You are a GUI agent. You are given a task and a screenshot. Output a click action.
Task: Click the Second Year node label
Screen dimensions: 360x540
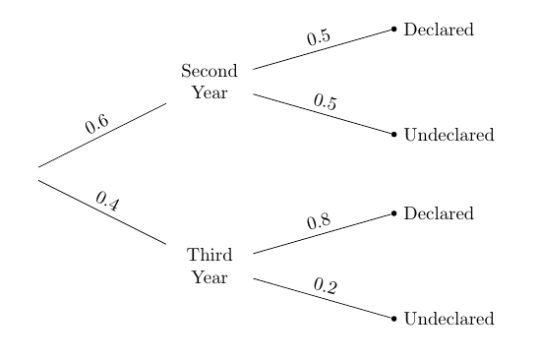pyautogui.click(x=210, y=83)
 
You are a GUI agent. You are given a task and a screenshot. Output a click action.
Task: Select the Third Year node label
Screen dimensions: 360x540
pyautogui.click(x=210, y=267)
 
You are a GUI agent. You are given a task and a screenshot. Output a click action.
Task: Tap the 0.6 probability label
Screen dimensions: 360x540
pyautogui.click(x=96, y=124)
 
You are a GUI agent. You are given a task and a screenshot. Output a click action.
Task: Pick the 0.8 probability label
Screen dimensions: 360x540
pyautogui.click(x=318, y=221)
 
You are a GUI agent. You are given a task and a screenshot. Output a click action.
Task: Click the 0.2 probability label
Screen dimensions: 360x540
pyautogui.click(x=325, y=286)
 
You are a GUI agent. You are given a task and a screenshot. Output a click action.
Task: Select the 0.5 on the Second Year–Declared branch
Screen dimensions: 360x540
pyautogui.click(x=318, y=37)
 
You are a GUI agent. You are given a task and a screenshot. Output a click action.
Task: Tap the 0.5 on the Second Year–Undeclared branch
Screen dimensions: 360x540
pyautogui.click(x=325, y=101)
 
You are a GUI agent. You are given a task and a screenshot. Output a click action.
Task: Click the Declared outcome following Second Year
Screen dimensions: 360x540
pyautogui.click(x=439, y=30)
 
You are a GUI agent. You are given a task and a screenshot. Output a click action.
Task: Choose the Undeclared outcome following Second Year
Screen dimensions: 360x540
pyautogui.click(x=449, y=135)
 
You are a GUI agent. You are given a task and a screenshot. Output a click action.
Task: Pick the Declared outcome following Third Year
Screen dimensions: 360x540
pyautogui.click(x=439, y=213)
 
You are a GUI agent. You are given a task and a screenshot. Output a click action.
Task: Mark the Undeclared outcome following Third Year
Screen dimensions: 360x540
pyautogui.click(x=449, y=320)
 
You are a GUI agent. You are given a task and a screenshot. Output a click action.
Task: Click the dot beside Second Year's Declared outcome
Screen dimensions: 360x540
pyautogui.click(x=394, y=30)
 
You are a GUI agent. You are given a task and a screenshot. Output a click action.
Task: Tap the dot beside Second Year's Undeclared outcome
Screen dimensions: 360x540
pyautogui.click(x=394, y=134)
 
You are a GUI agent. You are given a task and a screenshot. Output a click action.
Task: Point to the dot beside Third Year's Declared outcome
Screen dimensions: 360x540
pyautogui.click(x=394, y=212)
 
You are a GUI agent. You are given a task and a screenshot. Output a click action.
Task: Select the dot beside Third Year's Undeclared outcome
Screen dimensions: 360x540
pyautogui.click(x=394, y=319)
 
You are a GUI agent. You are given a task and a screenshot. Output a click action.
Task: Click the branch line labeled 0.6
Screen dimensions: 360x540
pyautogui.click(x=102, y=135)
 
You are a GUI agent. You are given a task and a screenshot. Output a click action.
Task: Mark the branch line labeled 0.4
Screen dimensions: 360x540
pyautogui.click(x=102, y=212)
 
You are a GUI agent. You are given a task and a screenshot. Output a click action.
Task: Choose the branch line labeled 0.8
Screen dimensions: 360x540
pyautogui.click(x=323, y=233)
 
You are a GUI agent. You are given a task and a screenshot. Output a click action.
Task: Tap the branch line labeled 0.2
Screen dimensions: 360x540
pyautogui.click(x=323, y=298)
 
